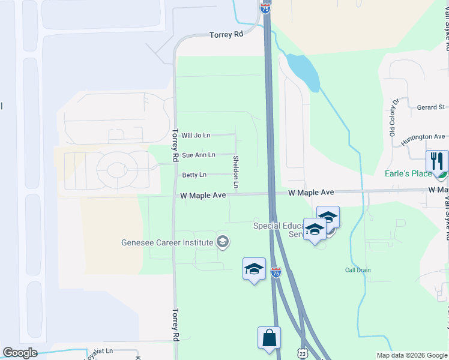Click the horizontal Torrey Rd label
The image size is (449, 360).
(x=226, y=35)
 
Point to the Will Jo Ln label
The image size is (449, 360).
(x=196, y=136)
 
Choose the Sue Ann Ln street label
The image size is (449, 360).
(x=199, y=155)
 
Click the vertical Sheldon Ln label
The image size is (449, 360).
(x=236, y=172)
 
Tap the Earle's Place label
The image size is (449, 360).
(x=408, y=174)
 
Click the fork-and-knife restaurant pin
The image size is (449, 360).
(x=436, y=161)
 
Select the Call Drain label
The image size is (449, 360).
(x=358, y=270)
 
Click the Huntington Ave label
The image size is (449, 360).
(x=423, y=137)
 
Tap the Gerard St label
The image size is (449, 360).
(x=430, y=107)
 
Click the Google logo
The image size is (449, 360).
(x=20, y=353)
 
